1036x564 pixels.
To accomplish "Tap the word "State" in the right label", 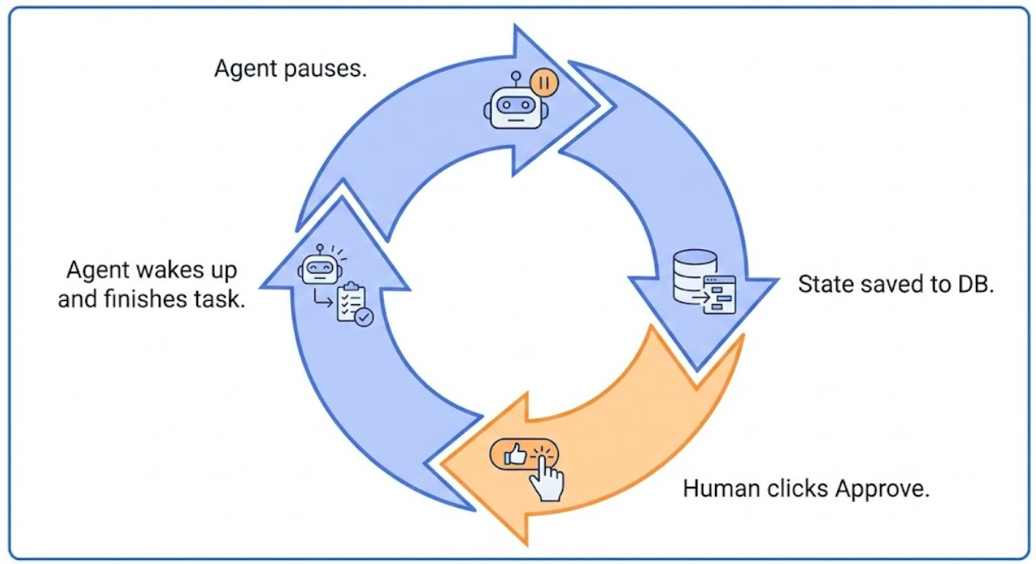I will [823, 284].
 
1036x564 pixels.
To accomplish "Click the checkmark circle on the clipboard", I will [363, 316].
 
